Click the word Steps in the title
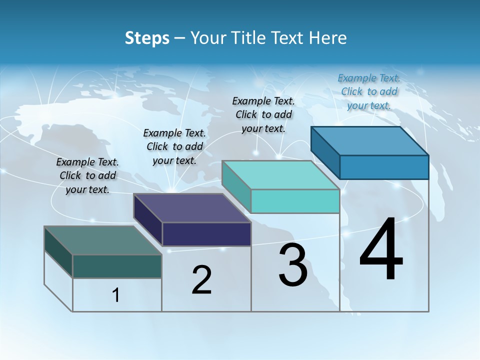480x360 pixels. click(147, 38)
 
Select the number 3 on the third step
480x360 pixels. click(293, 265)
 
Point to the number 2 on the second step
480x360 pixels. click(201, 280)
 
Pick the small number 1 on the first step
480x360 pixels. click(116, 295)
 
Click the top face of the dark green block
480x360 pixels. click(102, 240)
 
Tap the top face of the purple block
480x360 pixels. click(191, 208)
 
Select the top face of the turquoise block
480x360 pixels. click(280, 175)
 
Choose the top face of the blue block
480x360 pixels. click(369, 141)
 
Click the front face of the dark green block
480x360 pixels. click(117, 266)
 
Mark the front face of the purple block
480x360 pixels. click(206, 234)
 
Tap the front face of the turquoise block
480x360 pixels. click(295, 201)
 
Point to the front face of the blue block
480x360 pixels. click(384, 167)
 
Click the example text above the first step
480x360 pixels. click(87, 175)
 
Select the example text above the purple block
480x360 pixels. click(174, 146)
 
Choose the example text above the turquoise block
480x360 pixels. click(263, 114)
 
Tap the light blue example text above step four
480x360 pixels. click(369, 91)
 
